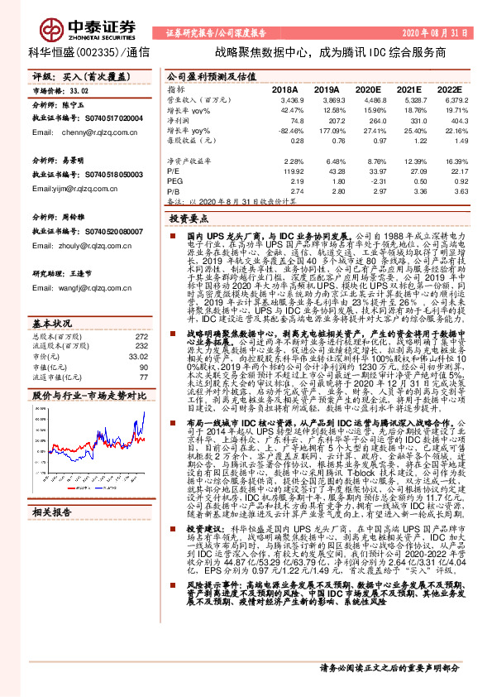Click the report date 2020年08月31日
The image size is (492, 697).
pyautogui.click(x=434, y=33)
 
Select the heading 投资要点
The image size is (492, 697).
pyautogui.click(x=189, y=220)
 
